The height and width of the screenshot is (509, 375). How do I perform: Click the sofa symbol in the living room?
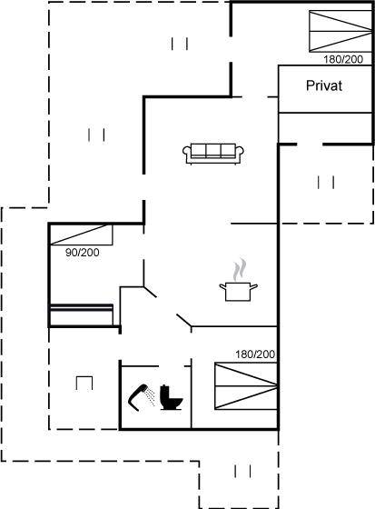point(213,154)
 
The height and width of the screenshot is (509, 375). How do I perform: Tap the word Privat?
point(324,85)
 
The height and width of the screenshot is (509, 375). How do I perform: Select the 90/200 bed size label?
point(83,253)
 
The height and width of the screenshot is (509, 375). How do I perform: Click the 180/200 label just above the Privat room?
point(343,59)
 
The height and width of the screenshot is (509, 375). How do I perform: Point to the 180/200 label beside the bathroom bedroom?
point(255,354)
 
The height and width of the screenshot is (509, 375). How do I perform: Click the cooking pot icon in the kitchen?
point(239,292)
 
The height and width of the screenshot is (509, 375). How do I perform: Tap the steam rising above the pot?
point(240,269)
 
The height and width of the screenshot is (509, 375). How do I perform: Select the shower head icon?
point(140,397)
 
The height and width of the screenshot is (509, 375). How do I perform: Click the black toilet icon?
point(171,397)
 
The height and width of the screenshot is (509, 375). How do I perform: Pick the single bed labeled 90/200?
point(81,235)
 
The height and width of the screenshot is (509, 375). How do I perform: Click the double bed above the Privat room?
point(340,31)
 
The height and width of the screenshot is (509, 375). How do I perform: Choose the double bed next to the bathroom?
point(246,386)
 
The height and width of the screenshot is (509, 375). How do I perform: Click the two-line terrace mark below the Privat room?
point(326,182)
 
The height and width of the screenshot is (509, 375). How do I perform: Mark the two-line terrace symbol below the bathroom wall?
point(242,471)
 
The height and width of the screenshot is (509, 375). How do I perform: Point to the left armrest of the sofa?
point(187,154)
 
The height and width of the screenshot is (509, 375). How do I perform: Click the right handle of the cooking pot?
point(253,286)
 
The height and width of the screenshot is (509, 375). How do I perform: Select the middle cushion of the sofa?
point(213,150)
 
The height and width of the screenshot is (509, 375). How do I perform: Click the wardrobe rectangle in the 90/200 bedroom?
point(81,314)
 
